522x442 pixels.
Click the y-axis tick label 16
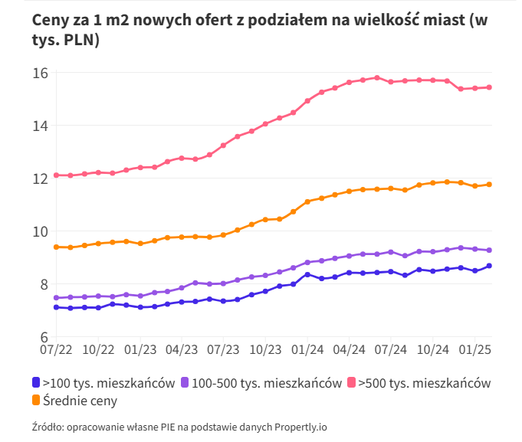tap(41, 73)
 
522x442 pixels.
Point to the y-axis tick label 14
tap(41, 126)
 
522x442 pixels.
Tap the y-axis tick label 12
tap(41, 178)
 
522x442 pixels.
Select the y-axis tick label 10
tap(41, 231)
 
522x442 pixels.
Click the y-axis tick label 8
tap(44, 284)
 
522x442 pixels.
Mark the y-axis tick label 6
tap(44, 337)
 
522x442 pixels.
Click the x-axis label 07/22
tap(57, 349)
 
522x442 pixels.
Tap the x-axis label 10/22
tap(98, 349)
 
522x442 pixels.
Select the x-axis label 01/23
tap(140, 349)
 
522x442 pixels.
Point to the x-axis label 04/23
tap(182, 349)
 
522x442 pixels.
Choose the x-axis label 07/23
tap(224, 349)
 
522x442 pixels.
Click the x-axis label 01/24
tap(307, 349)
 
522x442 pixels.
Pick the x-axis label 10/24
tap(432, 349)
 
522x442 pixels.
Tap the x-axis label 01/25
tap(474, 349)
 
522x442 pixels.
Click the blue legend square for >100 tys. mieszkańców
tap(36, 383)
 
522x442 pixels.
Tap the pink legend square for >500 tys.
tap(353, 383)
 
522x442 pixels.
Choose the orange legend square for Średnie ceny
tap(36, 400)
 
